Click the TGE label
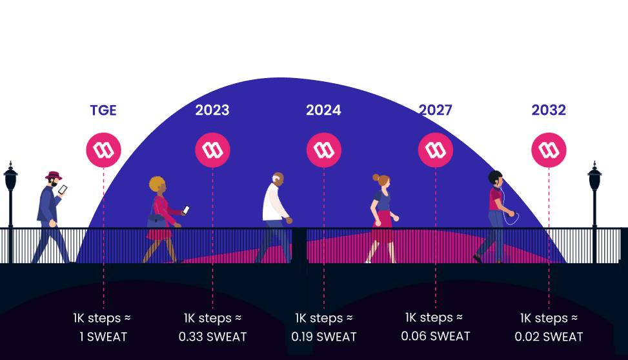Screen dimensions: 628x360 [x=103, y=110]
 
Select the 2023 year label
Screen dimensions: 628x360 [x=212, y=110]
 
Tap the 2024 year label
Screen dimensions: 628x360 [x=323, y=110]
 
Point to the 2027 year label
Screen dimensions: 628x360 [x=436, y=110]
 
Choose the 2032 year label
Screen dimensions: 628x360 [x=549, y=110]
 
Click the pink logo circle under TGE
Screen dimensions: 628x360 [x=103, y=150]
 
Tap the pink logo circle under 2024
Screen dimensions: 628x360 [x=323, y=150]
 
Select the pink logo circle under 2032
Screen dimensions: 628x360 [x=549, y=150]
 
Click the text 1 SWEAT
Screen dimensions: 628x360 [x=103, y=337]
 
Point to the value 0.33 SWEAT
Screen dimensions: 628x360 [x=213, y=337]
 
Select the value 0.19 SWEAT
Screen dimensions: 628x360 [x=324, y=337]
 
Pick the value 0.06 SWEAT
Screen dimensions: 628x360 [x=436, y=336]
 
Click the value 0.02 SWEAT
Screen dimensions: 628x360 [x=549, y=337]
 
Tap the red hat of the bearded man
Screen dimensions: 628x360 [x=54, y=175]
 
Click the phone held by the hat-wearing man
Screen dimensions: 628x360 [x=63, y=190]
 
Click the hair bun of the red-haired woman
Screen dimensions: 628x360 [x=376, y=177]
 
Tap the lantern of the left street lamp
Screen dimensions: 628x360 [x=10, y=176]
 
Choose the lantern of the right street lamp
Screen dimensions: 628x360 [x=594, y=176]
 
